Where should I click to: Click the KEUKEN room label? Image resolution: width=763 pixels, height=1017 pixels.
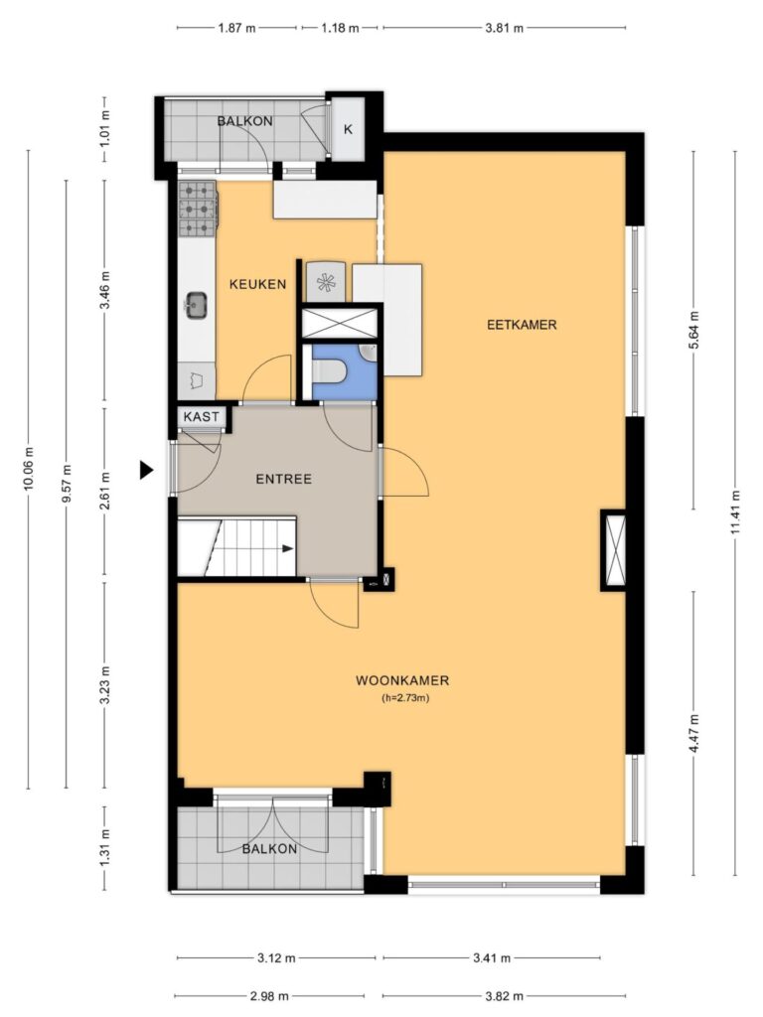click(x=257, y=284)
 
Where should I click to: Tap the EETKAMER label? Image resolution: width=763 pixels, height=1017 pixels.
click(x=522, y=325)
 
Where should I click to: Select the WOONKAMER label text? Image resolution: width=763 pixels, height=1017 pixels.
click(x=402, y=680)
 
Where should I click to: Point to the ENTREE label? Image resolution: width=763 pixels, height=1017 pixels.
click(x=283, y=480)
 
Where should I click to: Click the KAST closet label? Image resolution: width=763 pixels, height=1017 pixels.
click(x=201, y=416)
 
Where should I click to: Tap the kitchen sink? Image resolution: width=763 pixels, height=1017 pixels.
click(x=197, y=304)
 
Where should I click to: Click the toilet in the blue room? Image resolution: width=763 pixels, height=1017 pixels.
click(x=330, y=371)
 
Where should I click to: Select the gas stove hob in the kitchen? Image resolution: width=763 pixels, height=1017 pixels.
click(x=198, y=209)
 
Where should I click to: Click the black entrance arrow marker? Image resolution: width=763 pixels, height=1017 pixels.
click(x=147, y=470)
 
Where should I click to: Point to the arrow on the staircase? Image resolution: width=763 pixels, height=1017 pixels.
click(x=287, y=548)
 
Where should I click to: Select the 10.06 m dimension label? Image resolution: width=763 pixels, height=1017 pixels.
click(x=28, y=469)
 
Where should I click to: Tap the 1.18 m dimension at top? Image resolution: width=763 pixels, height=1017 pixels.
click(x=340, y=28)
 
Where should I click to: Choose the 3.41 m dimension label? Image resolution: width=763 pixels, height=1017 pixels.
click(x=492, y=957)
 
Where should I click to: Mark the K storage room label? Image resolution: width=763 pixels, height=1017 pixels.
click(x=348, y=129)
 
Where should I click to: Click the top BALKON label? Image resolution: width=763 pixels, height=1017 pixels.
click(x=244, y=121)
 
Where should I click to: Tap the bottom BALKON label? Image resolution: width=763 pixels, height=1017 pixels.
click(x=270, y=849)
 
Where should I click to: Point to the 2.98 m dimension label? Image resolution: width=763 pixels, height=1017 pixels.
click(x=269, y=995)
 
